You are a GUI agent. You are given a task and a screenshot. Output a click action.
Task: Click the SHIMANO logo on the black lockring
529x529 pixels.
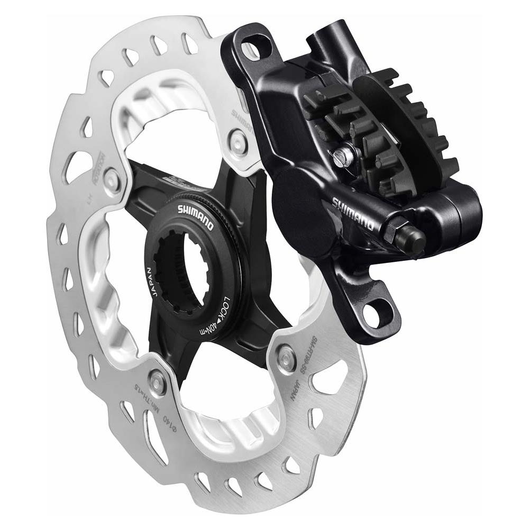193,215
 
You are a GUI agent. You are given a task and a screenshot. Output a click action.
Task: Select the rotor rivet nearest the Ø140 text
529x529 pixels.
158,378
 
